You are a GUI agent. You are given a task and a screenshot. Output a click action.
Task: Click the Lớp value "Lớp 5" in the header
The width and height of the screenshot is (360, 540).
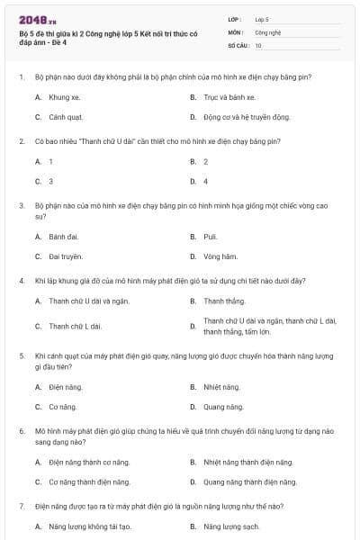coord(262,18)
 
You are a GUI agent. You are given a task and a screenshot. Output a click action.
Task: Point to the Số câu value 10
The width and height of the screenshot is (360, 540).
coord(258,45)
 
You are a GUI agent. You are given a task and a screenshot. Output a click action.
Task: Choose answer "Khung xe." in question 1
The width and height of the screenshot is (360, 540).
coord(64,97)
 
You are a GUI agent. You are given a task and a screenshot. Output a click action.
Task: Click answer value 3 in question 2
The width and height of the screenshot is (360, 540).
coord(51,181)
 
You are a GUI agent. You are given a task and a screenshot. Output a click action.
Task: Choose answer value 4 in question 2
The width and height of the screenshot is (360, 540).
coord(206,181)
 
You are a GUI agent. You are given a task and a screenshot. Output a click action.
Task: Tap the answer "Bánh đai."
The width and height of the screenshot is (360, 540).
coord(64,237)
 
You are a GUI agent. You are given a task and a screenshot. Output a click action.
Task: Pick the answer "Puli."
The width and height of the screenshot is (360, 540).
coord(211,237)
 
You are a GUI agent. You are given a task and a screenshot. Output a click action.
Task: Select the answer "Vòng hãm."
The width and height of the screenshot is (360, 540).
coord(220,256)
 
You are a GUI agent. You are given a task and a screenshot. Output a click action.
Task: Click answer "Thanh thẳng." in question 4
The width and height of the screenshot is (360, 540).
coord(224,301)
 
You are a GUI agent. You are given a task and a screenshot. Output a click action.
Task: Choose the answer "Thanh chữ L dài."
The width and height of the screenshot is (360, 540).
coord(76,326)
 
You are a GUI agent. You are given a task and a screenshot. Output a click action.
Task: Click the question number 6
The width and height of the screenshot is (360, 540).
coord(21,432)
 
